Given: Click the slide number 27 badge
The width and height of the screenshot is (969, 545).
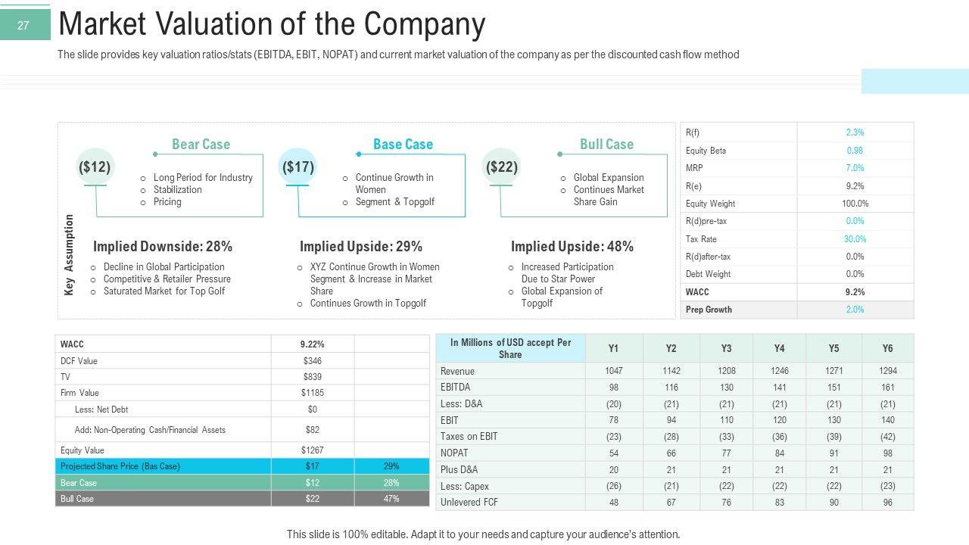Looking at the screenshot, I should [x=23, y=26].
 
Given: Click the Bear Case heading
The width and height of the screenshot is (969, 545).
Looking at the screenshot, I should [x=201, y=144].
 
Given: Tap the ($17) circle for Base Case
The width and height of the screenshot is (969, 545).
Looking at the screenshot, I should [x=298, y=167].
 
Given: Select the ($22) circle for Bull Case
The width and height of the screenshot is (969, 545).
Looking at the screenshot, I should [x=501, y=167].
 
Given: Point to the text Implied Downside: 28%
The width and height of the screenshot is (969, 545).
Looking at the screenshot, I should [x=163, y=247].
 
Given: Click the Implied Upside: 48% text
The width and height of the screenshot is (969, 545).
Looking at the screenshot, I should [x=572, y=247].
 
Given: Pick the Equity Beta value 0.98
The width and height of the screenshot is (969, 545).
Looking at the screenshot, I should [x=855, y=150].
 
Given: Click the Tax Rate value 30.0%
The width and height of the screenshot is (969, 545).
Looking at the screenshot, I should [x=855, y=238].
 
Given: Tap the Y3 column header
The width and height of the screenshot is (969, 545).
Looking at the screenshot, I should [x=726, y=348].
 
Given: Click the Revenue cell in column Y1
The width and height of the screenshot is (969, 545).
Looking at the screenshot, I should [x=613, y=371].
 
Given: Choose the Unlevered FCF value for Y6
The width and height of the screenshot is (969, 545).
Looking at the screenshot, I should [x=887, y=502].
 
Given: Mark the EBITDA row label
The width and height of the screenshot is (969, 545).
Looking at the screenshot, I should [x=455, y=388].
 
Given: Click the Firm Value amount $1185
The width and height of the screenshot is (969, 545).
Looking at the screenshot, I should [x=313, y=393].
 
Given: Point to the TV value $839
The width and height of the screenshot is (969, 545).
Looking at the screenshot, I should [x=313, y=377].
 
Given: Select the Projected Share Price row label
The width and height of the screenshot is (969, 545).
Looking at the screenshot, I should [x=120, y=466].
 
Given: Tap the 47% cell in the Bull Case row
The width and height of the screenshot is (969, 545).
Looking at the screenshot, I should [x=391, y=499].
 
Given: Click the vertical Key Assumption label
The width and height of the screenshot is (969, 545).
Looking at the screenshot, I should [x=70, y=254].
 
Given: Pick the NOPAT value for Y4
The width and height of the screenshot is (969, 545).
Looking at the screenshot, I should [x=779, y=453].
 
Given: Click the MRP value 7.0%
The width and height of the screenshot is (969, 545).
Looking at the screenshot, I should [x=855, y=168].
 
